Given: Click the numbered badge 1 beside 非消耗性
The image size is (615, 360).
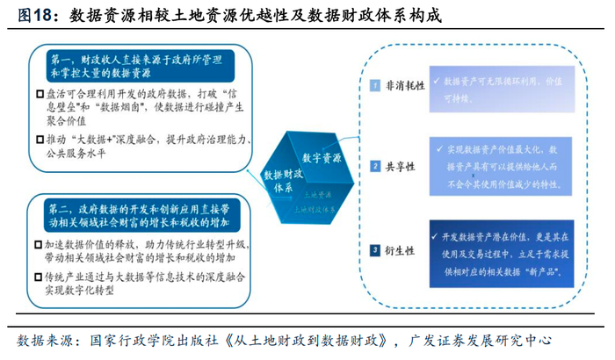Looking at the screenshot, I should pos(374,86).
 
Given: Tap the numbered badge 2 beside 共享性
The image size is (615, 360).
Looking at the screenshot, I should pos(374,166).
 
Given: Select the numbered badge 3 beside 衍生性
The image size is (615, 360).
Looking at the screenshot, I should pos(374,248).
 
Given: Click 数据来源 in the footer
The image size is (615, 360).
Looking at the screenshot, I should pos(41,342).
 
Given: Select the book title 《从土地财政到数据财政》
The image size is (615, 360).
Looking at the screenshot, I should pos(301,342).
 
